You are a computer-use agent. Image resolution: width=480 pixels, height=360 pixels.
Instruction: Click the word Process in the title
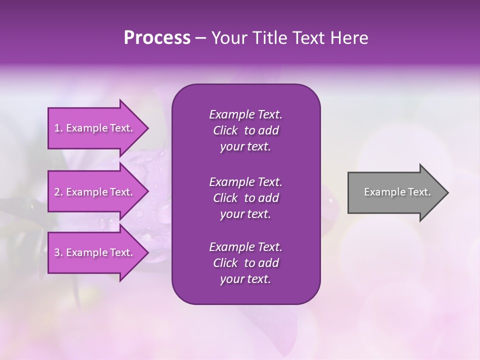[157, 38]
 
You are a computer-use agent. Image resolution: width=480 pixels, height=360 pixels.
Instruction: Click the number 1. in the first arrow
[58, 128]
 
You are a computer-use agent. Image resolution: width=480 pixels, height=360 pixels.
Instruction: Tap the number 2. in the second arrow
[58, 192]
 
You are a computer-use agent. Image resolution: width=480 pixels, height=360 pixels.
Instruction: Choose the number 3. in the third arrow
[58, 252]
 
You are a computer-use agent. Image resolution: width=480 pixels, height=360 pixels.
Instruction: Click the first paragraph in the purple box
[245, 130]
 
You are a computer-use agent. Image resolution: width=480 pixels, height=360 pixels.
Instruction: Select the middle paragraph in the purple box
[245, 197]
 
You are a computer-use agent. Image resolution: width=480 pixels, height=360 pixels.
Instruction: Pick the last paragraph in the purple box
[245, 263]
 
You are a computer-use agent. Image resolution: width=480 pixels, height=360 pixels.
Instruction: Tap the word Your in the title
[227, 38]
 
